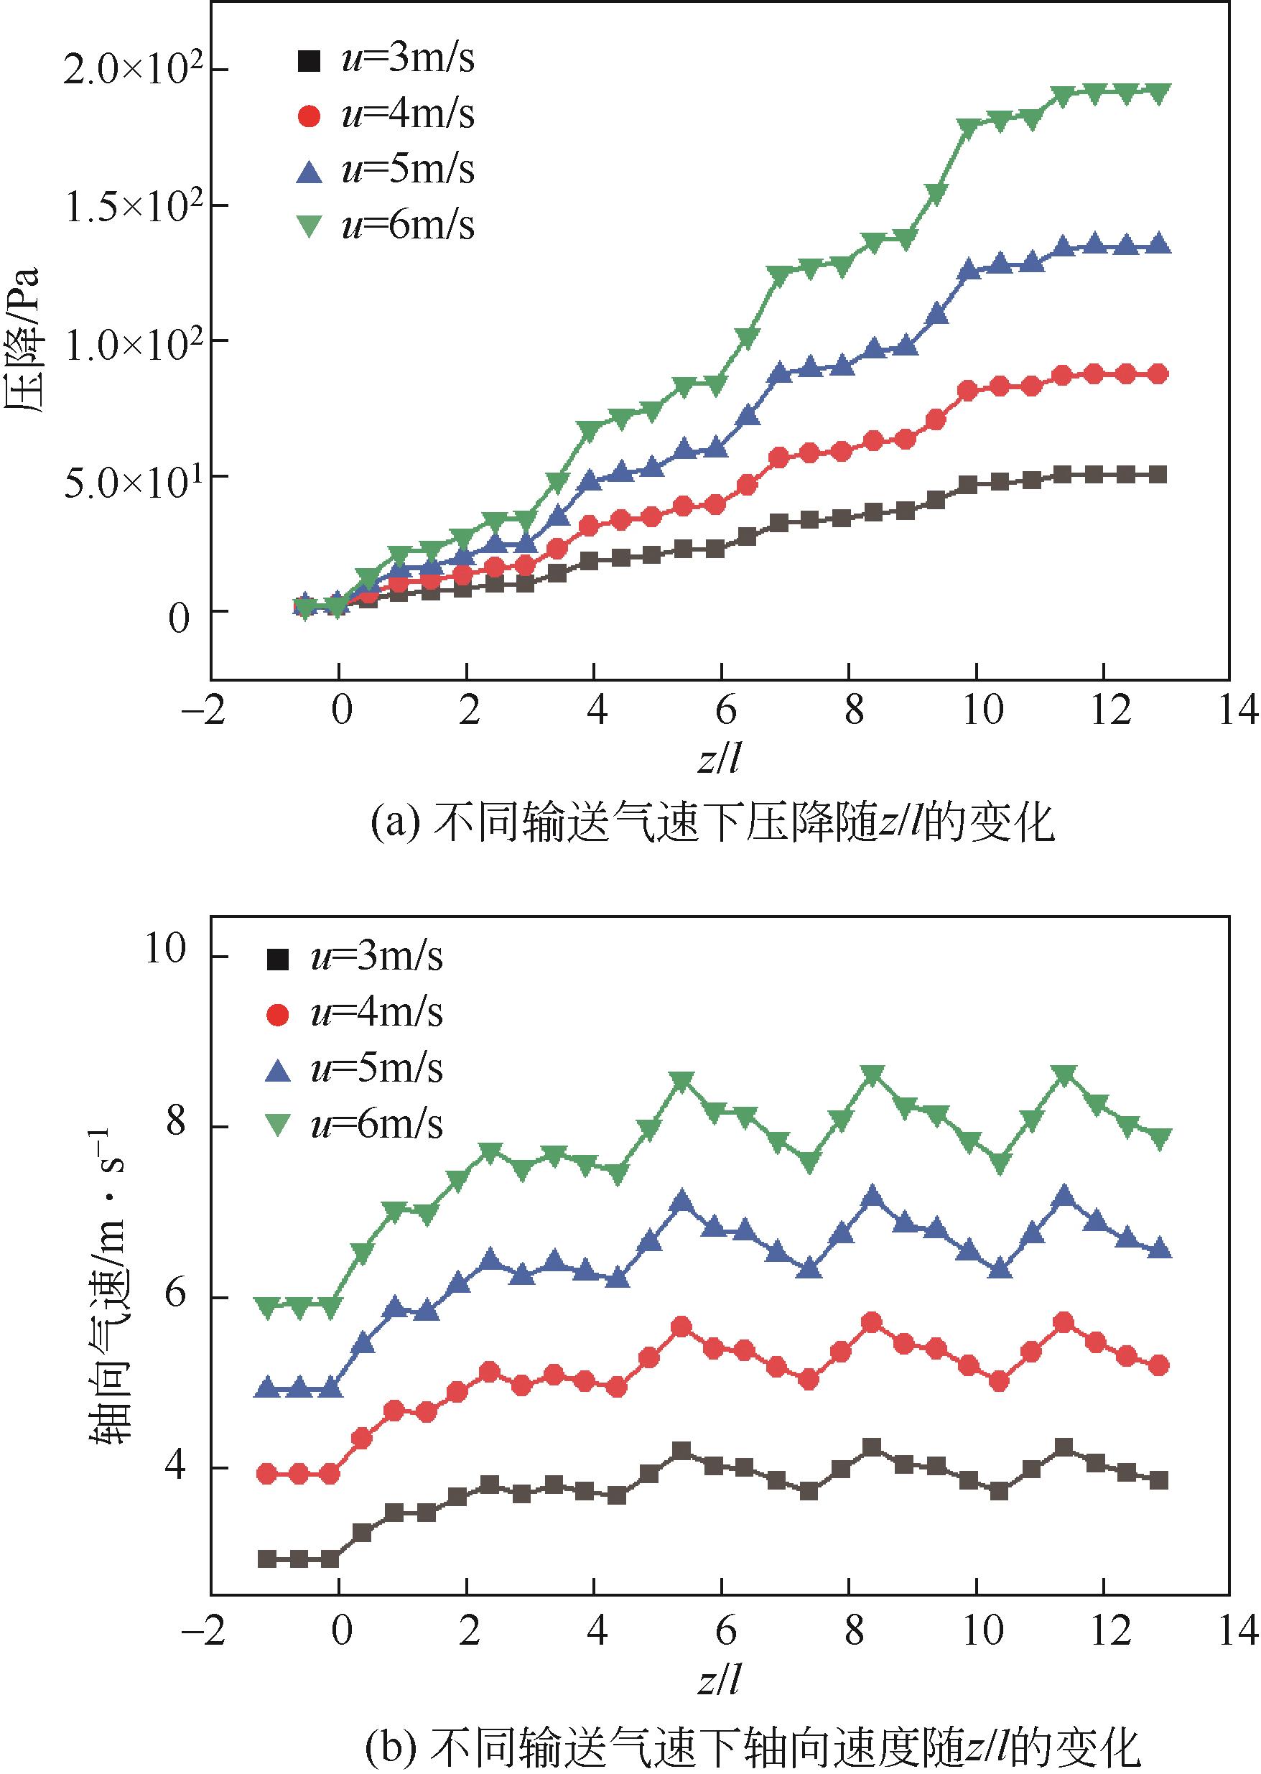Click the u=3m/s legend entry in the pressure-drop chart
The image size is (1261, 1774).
tap(386, 59)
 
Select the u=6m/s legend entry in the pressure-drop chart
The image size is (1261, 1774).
tap(386, 225)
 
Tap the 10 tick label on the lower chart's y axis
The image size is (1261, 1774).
tap(166, 949)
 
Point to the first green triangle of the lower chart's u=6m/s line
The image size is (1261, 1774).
tap(268, 1306)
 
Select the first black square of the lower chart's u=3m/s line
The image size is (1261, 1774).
tap(268, 1558)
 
